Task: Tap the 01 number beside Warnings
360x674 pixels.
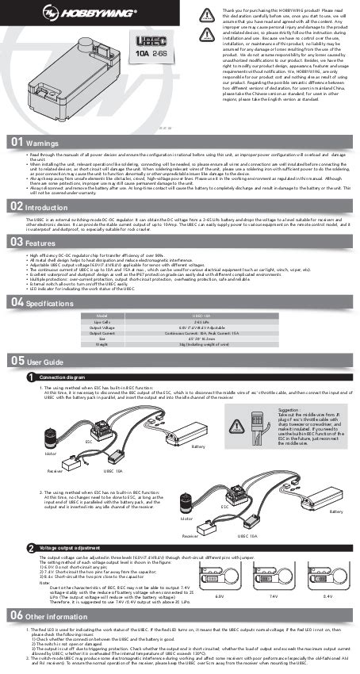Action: point(13,142)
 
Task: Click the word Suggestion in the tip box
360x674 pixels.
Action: point(290,412)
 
